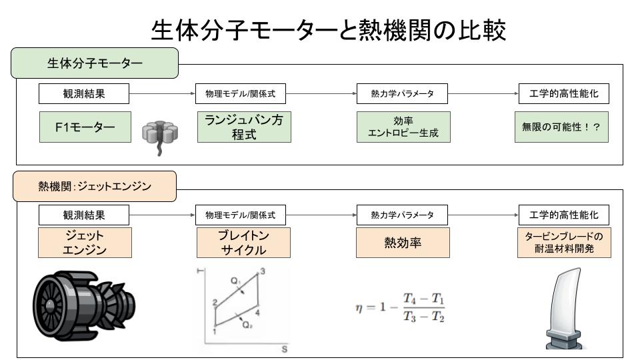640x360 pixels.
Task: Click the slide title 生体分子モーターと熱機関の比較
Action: [329, 30]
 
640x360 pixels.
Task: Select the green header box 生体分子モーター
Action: [95, 63]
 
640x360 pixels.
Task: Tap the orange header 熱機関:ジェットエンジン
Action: [95, 186]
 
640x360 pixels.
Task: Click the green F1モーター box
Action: [85, 127]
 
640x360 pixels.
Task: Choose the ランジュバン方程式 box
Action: [244, 127]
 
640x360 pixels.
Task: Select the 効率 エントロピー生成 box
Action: [403, 127]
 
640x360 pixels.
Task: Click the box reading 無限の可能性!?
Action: [561, 127]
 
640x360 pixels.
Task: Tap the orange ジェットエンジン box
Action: [85, 243]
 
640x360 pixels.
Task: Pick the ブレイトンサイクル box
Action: [243, 243]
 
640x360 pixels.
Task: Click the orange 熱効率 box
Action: [403, 243]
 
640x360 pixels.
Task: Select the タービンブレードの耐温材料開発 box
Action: [564, 243]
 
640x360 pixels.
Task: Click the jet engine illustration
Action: [84, 306]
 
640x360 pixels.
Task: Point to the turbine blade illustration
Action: [565, 309]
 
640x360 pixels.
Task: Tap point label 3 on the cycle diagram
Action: [263, 271]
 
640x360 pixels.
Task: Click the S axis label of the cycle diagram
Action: [285, 349]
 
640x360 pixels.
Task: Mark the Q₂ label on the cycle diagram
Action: [247, 325]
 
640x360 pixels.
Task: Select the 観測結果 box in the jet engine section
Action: [84, 215]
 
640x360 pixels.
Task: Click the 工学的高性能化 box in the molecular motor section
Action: [564, 93]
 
